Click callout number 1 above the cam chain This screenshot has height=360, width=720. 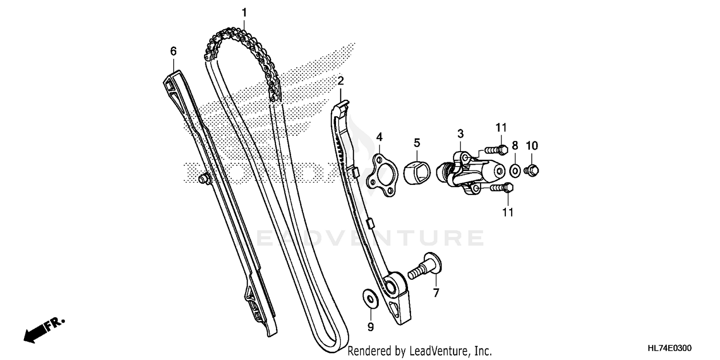pyautogui.click(x=244, y=12)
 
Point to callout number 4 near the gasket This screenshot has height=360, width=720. pyautogui.click(x=379, y=137)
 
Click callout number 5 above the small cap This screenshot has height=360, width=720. pyautogui.click(x=417, y=142)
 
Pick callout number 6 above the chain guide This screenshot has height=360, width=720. pyautogui.click(x=173, y=50)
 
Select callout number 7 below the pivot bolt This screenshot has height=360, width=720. pyautogui.click(x=436, y=292)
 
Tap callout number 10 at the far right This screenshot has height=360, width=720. pyautogui.click(x=532, y=145)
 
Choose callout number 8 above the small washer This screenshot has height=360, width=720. pyautogui.click(x=515, y=145)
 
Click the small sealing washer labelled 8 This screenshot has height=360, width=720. pyautogui.click(x=514, y=169)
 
